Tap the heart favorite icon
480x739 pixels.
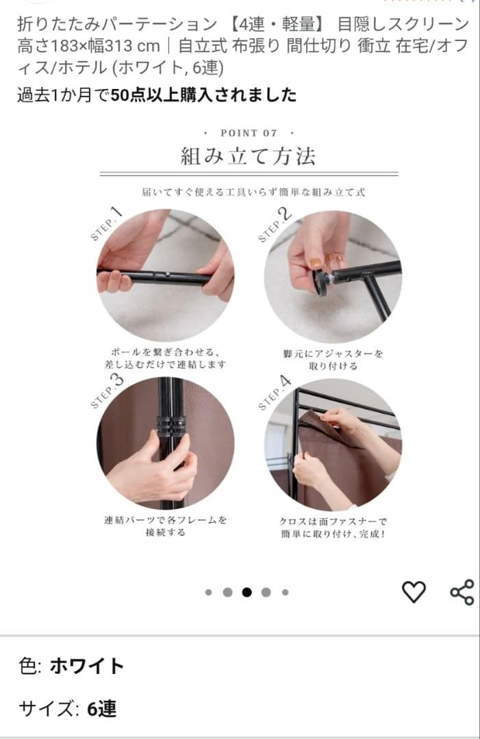point(413,591)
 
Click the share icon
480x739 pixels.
point(462,592)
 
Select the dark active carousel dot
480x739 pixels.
point(247,593)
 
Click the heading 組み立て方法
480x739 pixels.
point(248,156)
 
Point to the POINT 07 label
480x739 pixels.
point(249,133)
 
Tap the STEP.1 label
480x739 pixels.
point(106,224)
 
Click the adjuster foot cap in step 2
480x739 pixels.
point(320,282)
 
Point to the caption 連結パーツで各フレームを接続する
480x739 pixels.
point(165,526)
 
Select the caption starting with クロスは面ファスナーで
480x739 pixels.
point(333,526)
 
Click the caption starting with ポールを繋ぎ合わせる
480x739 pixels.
point(165,358)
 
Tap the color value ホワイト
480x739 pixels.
point(87,666)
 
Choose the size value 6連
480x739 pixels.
point(101,709)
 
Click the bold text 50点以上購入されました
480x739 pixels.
point(203,94)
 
